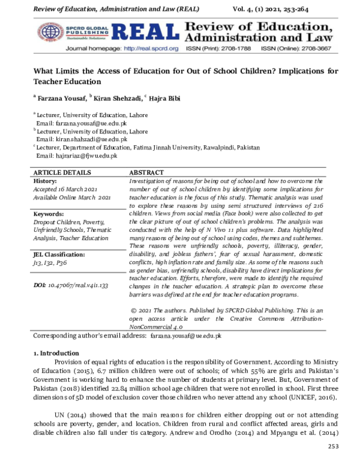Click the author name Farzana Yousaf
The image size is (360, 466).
(x=61, y=98)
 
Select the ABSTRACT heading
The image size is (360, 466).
(x=149, y=172)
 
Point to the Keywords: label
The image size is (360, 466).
(x=49, y=213)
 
